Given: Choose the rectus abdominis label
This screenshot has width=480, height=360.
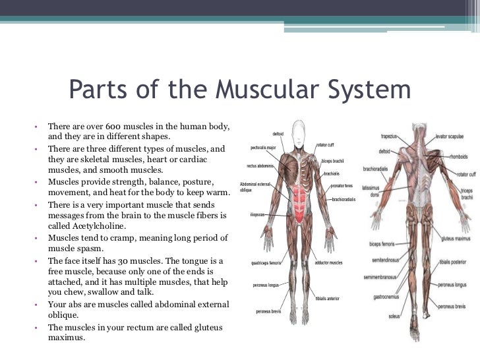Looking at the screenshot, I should pos(260,166).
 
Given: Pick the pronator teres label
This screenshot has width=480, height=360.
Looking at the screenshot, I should pos(344,187).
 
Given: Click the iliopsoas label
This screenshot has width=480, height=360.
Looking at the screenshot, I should pos(258,214).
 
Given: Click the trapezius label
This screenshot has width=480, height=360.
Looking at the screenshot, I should pos(389,136).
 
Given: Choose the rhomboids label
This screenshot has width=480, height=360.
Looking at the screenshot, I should pos(457,156).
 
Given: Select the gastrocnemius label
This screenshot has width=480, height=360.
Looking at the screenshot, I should pos(381,297).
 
